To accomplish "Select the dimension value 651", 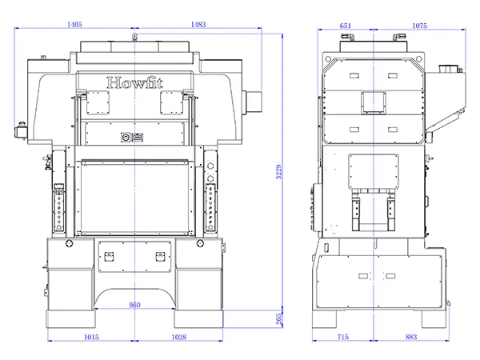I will click(346, 26).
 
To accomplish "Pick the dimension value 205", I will click(278, 318).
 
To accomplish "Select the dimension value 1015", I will click(91, 338).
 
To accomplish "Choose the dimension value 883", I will click(411, 338).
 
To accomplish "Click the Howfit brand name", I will click(135, 82).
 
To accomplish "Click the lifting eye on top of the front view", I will click(136, 36).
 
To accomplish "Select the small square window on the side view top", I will click(373, 102).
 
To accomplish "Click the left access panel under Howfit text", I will click(98, 101).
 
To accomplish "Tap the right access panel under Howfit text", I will click(173, 101).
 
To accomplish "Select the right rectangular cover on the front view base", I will click(161, 258).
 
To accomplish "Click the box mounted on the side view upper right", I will click(449, 84).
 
